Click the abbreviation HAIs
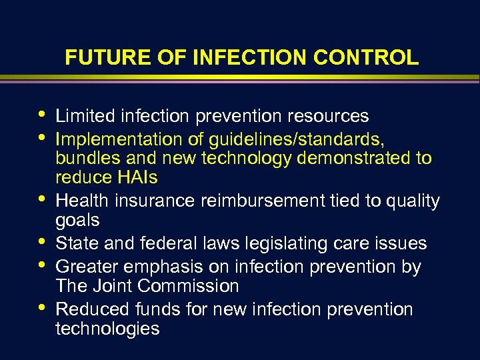pyautogui.click(x=136, y=178)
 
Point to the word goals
pyautogui.click(x=77, y=220)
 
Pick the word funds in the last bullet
pyautogui.click(x=159, y=309)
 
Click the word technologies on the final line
pyautogui.click(x=107, y=329)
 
